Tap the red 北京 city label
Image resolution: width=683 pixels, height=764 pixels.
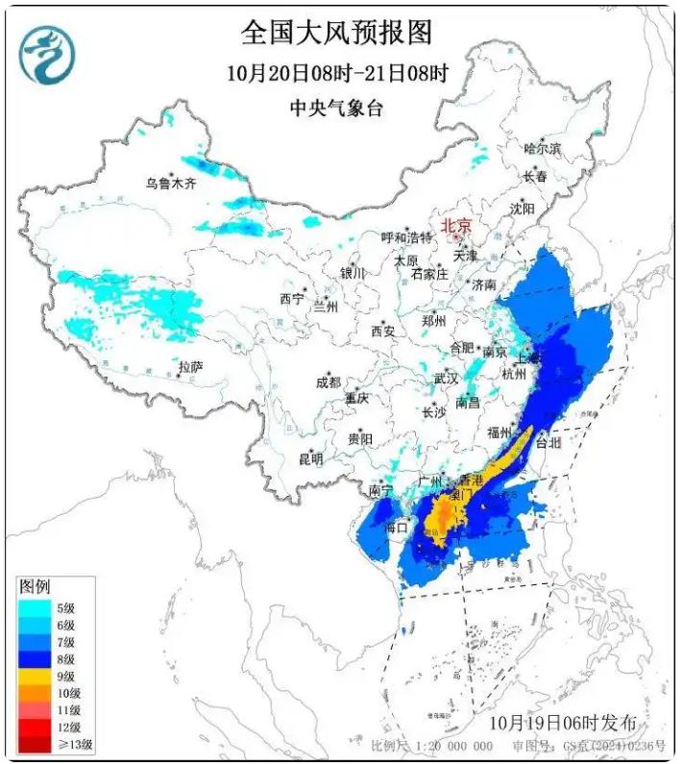(455, 226)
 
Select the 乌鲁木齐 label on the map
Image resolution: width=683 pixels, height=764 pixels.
(170, 183)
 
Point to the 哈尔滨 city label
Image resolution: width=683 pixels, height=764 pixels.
(542, 148)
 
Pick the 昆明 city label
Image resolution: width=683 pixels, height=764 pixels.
(310, 458)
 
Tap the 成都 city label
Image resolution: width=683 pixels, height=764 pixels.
(328, 382)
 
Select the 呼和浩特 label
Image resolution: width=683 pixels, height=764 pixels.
(406, 237)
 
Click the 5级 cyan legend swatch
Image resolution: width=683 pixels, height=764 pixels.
(37, 607)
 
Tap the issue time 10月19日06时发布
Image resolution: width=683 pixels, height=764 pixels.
(562, 721)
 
